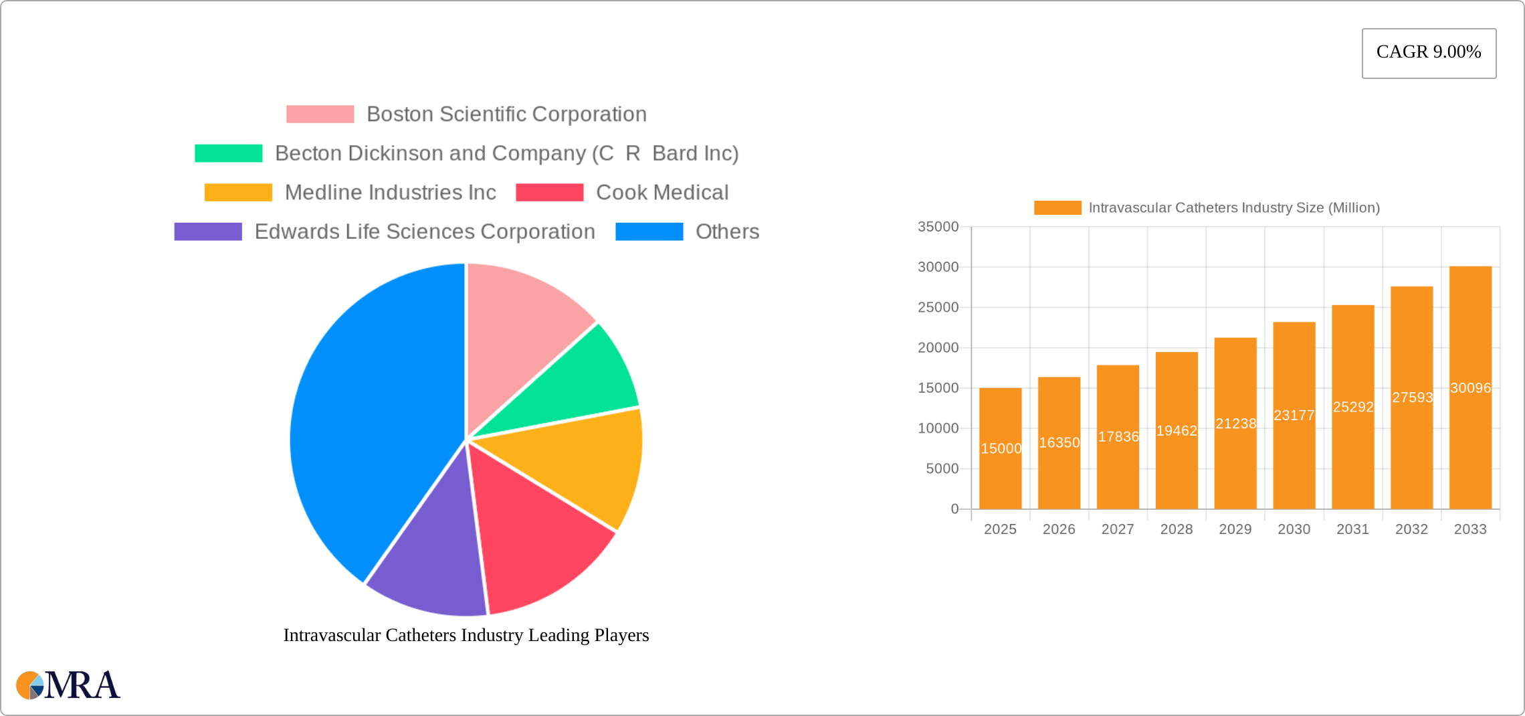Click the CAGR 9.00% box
click(x=1429, y=53)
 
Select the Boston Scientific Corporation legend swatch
click(x=320, y=114)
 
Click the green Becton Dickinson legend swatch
click(x=228, y=153)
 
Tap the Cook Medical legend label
click(x=662, y=193)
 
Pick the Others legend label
click(x=727, y=232)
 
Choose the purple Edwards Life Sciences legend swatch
click(x=208, y=232)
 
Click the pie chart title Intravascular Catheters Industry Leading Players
click(x=466, y=635)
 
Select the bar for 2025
click(x=1000, y=468)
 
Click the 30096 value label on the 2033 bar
click(x=1470, y=388)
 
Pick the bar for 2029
click(x=1235, y=455)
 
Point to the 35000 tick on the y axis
click(x=938, y=227)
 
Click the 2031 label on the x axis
click(x=1352, y=529)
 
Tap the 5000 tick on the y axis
click(x=942, y=468)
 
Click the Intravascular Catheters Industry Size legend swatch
click(x=1057, y=208)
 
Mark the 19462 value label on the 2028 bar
click(x=1177, y=431)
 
